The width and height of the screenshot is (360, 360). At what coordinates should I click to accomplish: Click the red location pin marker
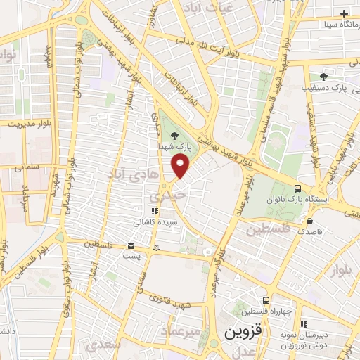tap(181, 166)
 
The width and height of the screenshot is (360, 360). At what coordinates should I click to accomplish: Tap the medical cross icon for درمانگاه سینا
tap(344, 13)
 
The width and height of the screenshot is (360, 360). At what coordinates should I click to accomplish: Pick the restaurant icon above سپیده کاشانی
tap(154, 210)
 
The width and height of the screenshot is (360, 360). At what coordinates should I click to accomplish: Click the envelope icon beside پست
tap(131, 246)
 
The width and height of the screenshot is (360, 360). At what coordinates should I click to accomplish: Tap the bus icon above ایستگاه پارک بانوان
tap(298, 188)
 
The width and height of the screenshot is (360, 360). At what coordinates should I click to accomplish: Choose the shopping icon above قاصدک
tap(310, 221)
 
